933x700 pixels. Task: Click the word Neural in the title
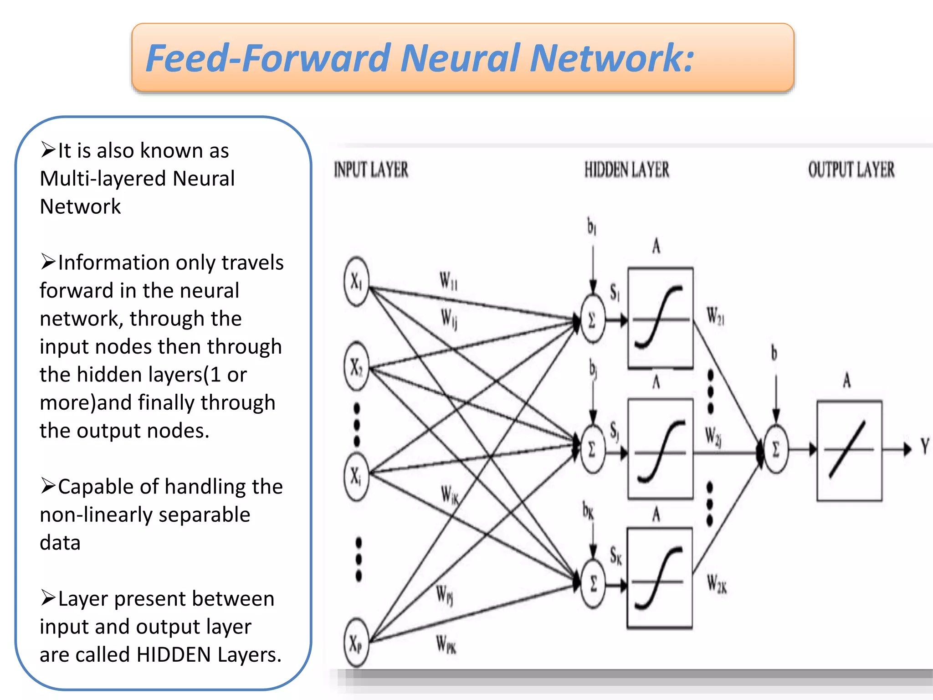click(x=460, y=58)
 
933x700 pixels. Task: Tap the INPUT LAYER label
click(x=371, y=170)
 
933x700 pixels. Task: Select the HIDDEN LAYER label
click(x=627, y=170)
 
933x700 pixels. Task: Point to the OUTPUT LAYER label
click(x=851, y=170)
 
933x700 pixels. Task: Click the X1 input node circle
click(x=356, y=282)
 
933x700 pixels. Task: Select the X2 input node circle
click(x=356, y=367)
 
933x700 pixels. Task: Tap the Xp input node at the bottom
click(x=356, y=643)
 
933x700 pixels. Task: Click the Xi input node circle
click(x=356, y=476)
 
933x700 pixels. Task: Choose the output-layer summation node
click(x=775, y=449)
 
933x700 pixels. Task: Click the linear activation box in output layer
click(x=849, y=450)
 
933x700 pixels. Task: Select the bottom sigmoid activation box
click(x=660, y=578)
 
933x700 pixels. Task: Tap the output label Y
click(x=924, y=447)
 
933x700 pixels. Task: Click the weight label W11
click(x=448, y=281)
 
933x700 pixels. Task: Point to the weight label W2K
click(x=717, y=584)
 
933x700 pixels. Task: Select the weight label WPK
click(x=446, y=644)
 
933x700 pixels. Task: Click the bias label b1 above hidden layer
click(x=591, y=226)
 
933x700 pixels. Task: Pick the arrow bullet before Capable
click(x=47, y=486)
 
